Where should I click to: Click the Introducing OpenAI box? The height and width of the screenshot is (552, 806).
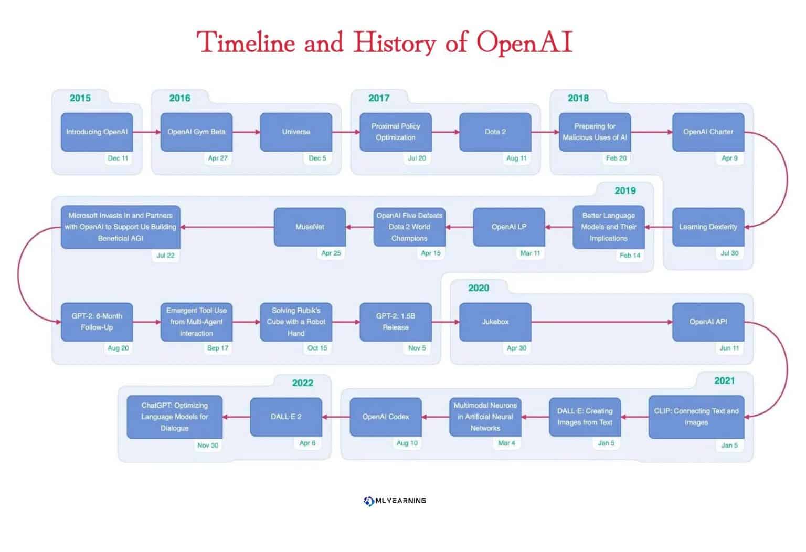[x=97, y=132]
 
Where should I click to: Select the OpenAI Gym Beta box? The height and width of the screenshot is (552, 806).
[x=196, y=132]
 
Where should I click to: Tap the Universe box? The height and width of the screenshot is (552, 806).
[x=296, y=132]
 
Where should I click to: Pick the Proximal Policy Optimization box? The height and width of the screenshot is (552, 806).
[x=396, y=132]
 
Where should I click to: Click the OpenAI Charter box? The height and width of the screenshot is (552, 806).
[x=708, y=132]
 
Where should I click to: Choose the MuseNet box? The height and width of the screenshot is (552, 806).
[x=310, y=227]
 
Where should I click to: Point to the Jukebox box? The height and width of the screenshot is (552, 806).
[x=495, y=322]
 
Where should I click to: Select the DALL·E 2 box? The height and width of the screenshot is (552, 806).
[x=286, y=417]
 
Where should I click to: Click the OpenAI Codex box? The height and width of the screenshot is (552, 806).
[x=386, y=417]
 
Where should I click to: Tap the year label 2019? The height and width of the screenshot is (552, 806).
[x=625, y=191]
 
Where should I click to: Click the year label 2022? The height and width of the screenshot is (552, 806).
[x=302, y=383]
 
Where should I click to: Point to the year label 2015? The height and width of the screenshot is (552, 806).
[x=80, y=98]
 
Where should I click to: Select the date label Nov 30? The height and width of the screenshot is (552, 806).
[x=208, y=445]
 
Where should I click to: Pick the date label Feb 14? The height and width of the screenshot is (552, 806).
[x=630, y=256]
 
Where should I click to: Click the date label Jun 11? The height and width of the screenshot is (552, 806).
[x=729, y=348]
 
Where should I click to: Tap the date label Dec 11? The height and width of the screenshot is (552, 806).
[x=118, y=158]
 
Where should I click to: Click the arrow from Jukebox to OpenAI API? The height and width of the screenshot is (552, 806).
[x=601, y=322]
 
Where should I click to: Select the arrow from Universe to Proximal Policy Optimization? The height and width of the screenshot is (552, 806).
[x=346, y=132]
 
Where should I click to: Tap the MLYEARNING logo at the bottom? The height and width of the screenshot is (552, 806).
[x=395, y=501]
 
